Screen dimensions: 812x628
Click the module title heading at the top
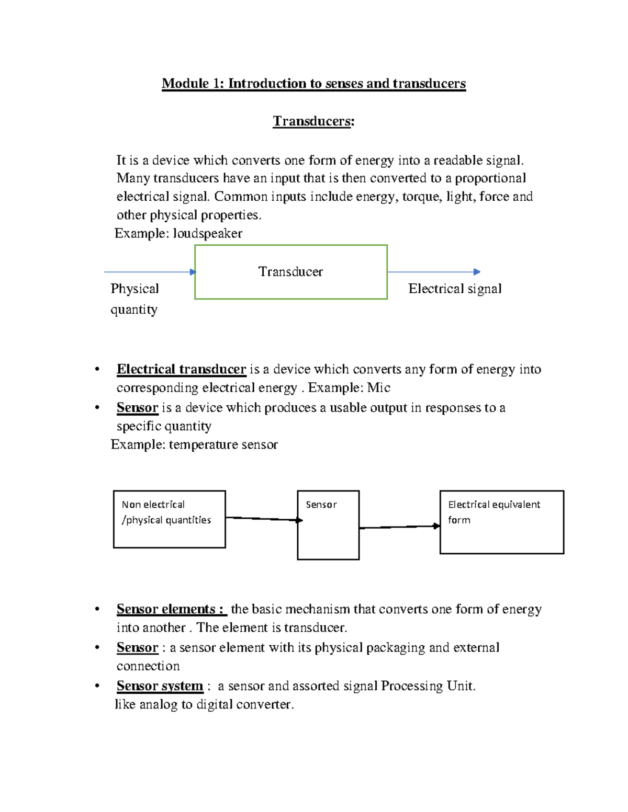[x=313, y=84]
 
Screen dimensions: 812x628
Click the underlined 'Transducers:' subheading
[x=313, y=121]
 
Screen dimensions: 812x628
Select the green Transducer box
[x=291, y=272]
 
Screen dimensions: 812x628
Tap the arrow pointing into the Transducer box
[x=150, y=272]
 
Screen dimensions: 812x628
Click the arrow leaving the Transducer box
[x=433, y=272]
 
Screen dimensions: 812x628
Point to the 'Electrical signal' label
[x=455, y=289]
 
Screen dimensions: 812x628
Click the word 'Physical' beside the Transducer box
[x=134, y=289]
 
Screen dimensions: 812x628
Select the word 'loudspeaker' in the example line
[x=207, y=233]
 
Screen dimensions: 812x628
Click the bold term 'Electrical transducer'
[x=181, y=369]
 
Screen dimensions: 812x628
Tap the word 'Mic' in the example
[x=378, y=387]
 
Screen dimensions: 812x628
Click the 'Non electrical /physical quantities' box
[x=169, y=519]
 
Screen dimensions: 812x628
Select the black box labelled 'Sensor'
[x=328, y=525]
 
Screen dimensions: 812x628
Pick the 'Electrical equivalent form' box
[x=501, y=522]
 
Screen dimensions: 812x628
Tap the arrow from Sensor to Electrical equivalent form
[x=399, y=527]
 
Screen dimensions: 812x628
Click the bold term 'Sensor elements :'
[x=171, y=609]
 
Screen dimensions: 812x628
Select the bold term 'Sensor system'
[x=160, y=686]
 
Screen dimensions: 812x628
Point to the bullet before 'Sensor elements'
[x=97, y=609]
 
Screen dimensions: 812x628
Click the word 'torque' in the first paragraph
[x=422, y=197]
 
